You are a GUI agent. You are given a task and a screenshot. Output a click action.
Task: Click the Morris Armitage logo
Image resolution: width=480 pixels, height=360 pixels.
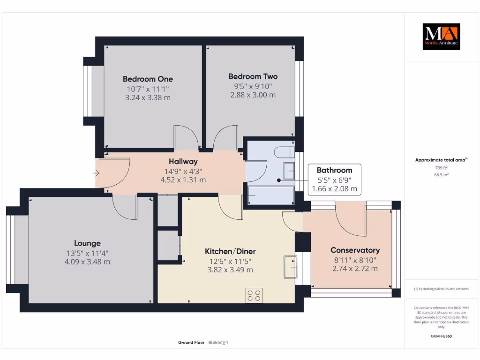(x=441, y=37)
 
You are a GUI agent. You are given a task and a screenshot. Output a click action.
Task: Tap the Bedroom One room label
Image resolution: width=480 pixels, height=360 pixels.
(x=148, y=79)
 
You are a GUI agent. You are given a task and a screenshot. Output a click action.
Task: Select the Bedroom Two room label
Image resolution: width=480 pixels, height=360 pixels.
(x=253, y=76)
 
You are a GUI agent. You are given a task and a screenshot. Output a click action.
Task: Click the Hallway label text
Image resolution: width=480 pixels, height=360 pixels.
(x=183, y=162)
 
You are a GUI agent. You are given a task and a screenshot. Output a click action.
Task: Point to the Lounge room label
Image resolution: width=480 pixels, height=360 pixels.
(x=87, y=243)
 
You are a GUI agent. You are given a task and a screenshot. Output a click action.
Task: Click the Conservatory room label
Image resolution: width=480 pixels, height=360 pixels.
(x=355, y=250)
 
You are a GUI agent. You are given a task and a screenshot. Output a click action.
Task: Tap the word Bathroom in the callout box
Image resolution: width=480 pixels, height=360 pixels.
(x=334, y=170)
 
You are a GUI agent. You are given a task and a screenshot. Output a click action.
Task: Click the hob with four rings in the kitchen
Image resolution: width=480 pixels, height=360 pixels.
(x=254, y=295)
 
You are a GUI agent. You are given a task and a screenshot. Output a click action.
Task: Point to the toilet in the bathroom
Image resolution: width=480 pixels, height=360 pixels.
(x=284, y=153)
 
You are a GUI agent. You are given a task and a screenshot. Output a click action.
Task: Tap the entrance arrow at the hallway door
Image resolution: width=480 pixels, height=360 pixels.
(x=96, y=173)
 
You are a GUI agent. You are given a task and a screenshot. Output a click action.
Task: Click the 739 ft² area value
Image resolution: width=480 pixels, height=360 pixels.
(x=441, y=167)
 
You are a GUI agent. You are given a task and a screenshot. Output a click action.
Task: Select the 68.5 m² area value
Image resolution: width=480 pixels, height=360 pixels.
(x=441, y=174)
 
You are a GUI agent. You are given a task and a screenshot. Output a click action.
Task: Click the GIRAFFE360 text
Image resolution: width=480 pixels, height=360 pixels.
(x=441, y=336)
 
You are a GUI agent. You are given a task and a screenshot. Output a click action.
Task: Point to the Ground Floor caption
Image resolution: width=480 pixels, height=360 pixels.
(x=191, y=343)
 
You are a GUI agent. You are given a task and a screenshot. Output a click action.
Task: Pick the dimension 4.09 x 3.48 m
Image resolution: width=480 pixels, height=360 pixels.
(x=87, y=262)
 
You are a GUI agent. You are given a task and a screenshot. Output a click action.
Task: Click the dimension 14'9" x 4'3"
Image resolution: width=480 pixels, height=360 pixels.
(x=183, y=171)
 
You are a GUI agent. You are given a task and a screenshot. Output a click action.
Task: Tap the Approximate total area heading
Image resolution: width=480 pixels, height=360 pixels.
(x=441, y=160)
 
